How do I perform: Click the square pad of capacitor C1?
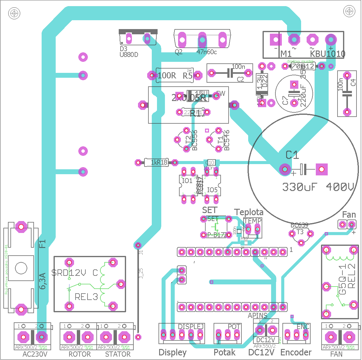321,169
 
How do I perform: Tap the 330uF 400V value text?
318,187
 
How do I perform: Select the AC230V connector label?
35,354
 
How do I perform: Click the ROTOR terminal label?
80,354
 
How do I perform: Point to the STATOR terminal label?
118,354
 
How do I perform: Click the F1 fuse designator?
42,244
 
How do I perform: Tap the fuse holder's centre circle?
21,268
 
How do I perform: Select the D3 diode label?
123,49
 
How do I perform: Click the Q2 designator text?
179,52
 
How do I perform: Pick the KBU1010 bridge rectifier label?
328,54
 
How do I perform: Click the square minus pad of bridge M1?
276,39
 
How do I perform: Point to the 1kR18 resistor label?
159,162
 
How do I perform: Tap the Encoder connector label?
296,352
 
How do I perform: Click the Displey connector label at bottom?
173,353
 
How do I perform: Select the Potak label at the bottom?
225,352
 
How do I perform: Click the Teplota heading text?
249,212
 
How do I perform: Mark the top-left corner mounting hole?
14,13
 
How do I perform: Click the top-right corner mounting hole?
349,12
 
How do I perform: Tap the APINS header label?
257,315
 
